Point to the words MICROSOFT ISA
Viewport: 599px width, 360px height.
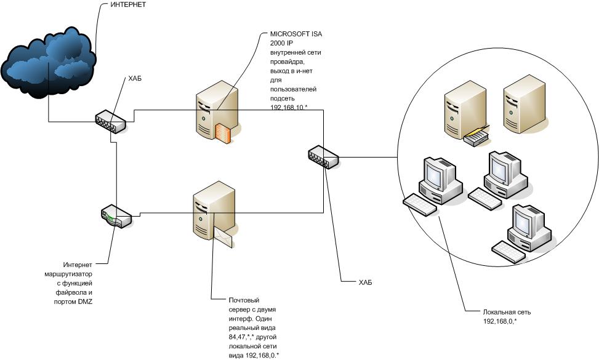(x=296, y=34)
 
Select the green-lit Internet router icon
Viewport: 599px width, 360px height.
(x=116, y=216)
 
